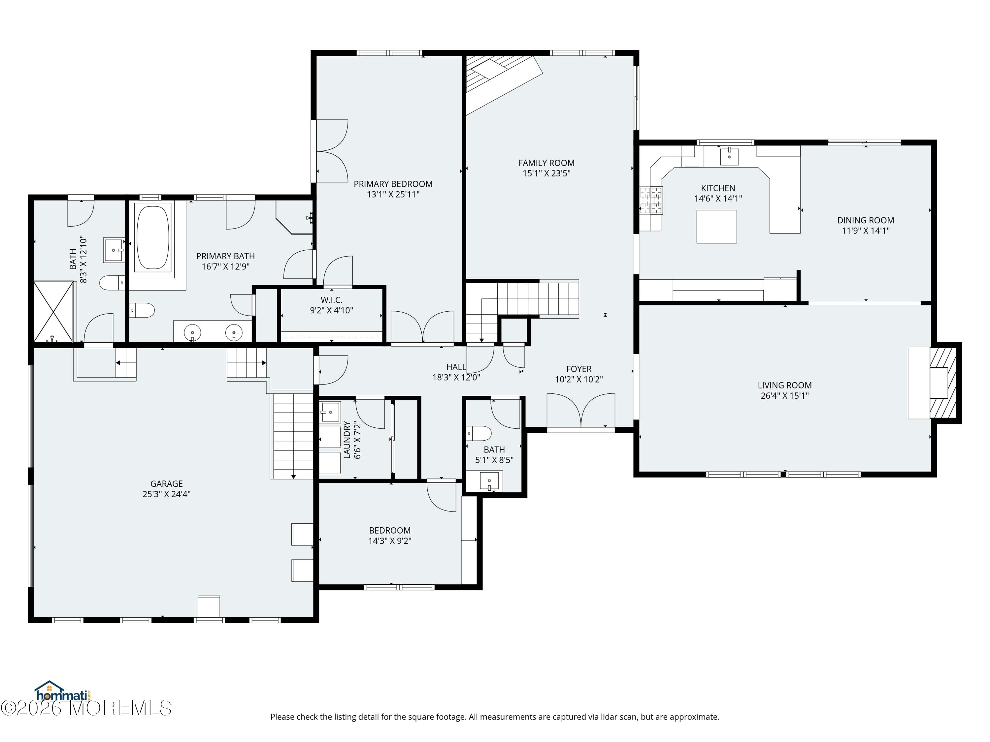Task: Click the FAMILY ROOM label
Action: click(546, 163)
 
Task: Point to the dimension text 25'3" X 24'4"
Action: click(167, 494)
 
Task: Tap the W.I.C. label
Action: click(331, 300)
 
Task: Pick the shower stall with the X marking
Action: click(53, 311)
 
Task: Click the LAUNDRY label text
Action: click(346, 440)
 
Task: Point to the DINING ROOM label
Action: click(865, 221)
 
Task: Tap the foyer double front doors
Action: click(580, 410)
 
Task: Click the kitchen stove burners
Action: click(651, 200)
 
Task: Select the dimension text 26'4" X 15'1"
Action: click(784, 396)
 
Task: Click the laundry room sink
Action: click(330, 412)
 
